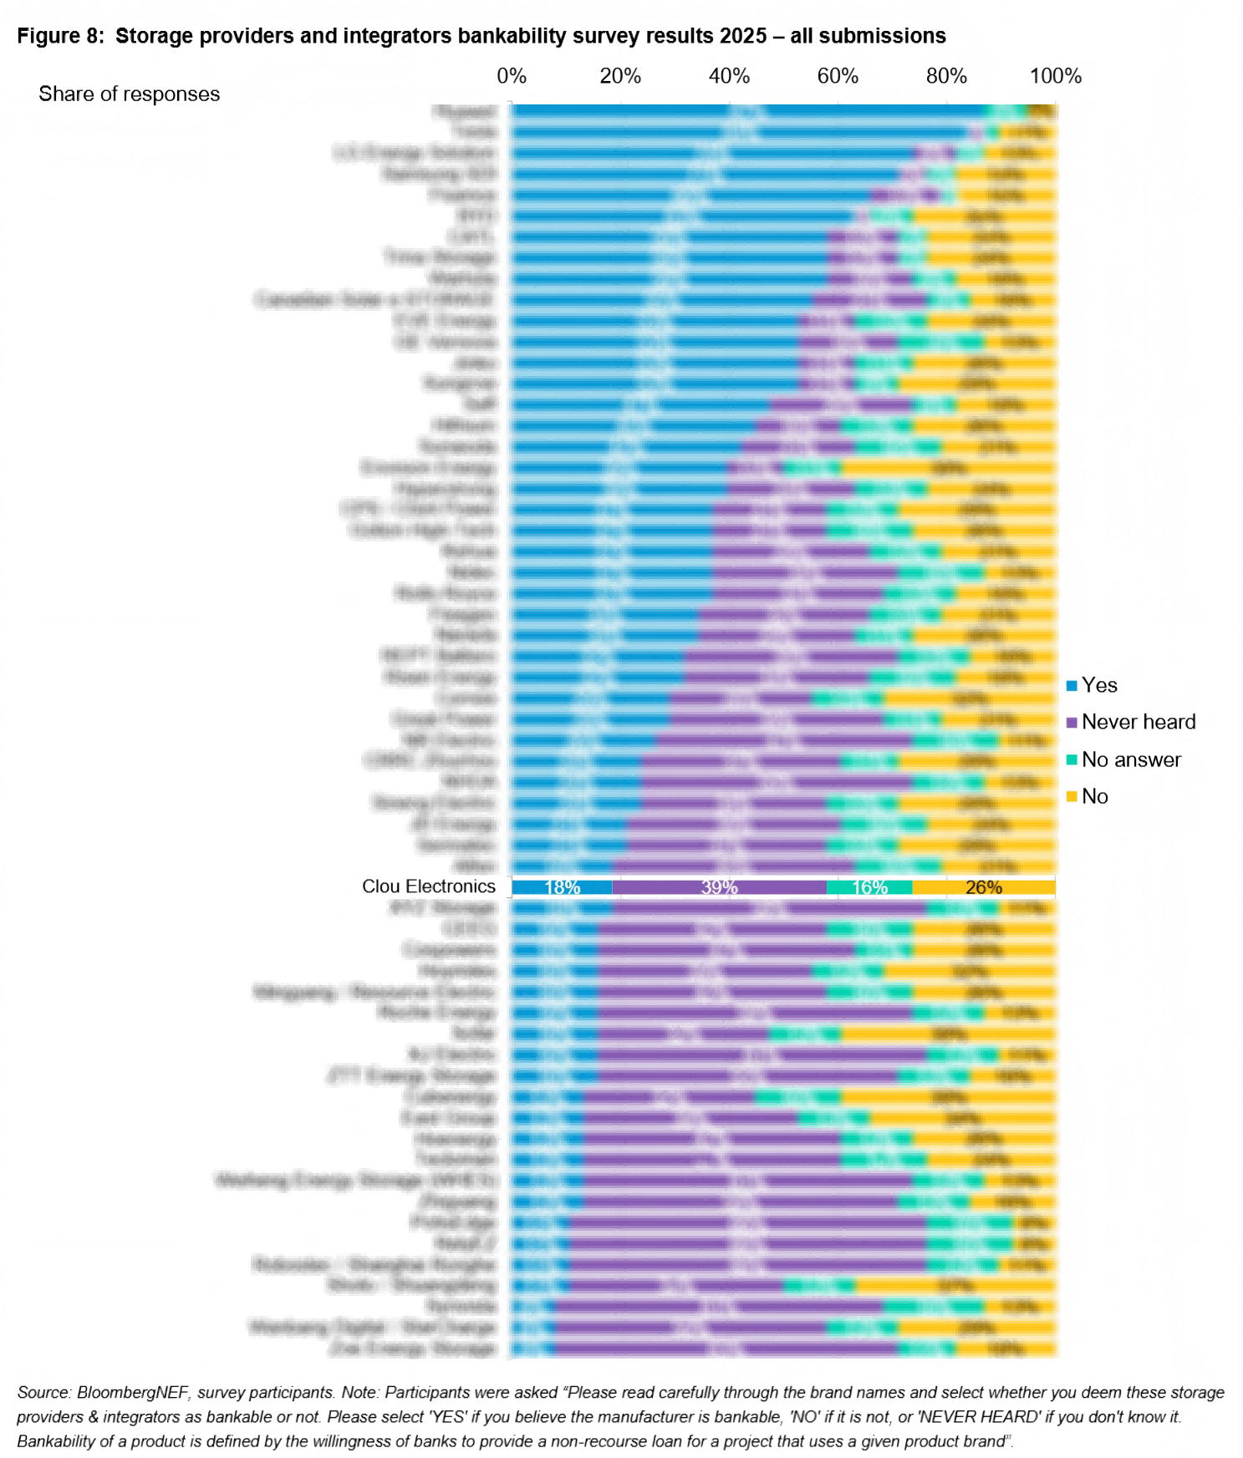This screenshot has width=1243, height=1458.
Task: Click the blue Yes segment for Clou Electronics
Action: coord(562,887)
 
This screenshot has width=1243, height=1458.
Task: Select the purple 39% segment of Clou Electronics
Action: coord(719,887)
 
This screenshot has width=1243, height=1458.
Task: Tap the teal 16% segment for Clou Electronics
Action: coord(869,887)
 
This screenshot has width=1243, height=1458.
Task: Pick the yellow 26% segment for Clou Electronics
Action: coord(983,887)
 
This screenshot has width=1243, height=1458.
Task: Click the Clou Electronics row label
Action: coord(428,886)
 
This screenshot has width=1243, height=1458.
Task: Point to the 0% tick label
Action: coord(512,76)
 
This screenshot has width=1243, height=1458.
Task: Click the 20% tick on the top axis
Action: coord(620,76)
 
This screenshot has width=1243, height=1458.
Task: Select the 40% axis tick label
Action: coord(729,76)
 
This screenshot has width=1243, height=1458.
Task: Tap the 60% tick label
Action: coord(838,76)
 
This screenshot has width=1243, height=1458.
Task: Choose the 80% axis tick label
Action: coord(946,76)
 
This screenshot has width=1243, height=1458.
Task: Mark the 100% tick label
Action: coord(1055,76)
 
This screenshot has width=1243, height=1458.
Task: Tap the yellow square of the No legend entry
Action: coord(1072,797)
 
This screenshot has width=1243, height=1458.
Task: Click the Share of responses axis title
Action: coord(129,94)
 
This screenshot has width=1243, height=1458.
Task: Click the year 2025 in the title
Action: coord(742,36)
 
